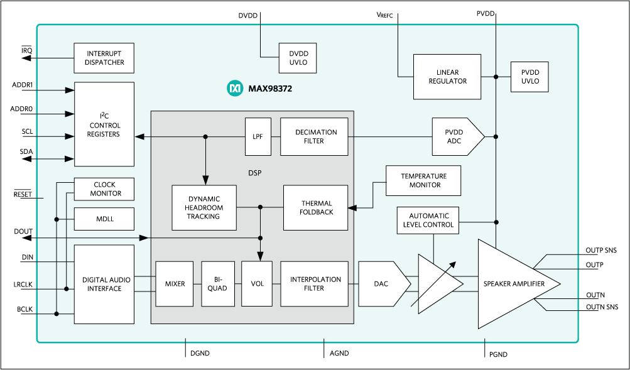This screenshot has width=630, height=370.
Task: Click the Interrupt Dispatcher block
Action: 104,58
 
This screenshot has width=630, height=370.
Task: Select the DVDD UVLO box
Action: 298,58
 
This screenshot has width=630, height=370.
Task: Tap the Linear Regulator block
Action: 447,77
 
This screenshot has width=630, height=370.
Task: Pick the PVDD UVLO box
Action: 530,77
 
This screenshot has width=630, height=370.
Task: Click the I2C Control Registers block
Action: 104,124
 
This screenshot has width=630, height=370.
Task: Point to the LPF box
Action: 258,136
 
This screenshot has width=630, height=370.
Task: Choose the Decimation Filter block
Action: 314,136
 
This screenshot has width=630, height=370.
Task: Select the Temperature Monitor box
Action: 423,181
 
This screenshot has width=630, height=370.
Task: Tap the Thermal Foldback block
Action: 317,208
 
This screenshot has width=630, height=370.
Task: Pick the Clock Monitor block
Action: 104,189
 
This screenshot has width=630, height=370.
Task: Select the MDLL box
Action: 104,219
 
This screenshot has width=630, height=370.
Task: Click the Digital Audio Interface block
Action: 104,284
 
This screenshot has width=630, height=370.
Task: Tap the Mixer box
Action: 175,284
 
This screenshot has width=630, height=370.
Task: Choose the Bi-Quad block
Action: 217,284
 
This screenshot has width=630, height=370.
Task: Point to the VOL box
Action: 258,284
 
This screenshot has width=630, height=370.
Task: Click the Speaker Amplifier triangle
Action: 514,284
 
